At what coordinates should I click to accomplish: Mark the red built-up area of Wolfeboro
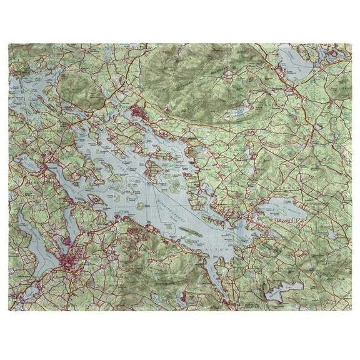[x=237, y=217]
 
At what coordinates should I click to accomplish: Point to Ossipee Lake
[x=296, y=62]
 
